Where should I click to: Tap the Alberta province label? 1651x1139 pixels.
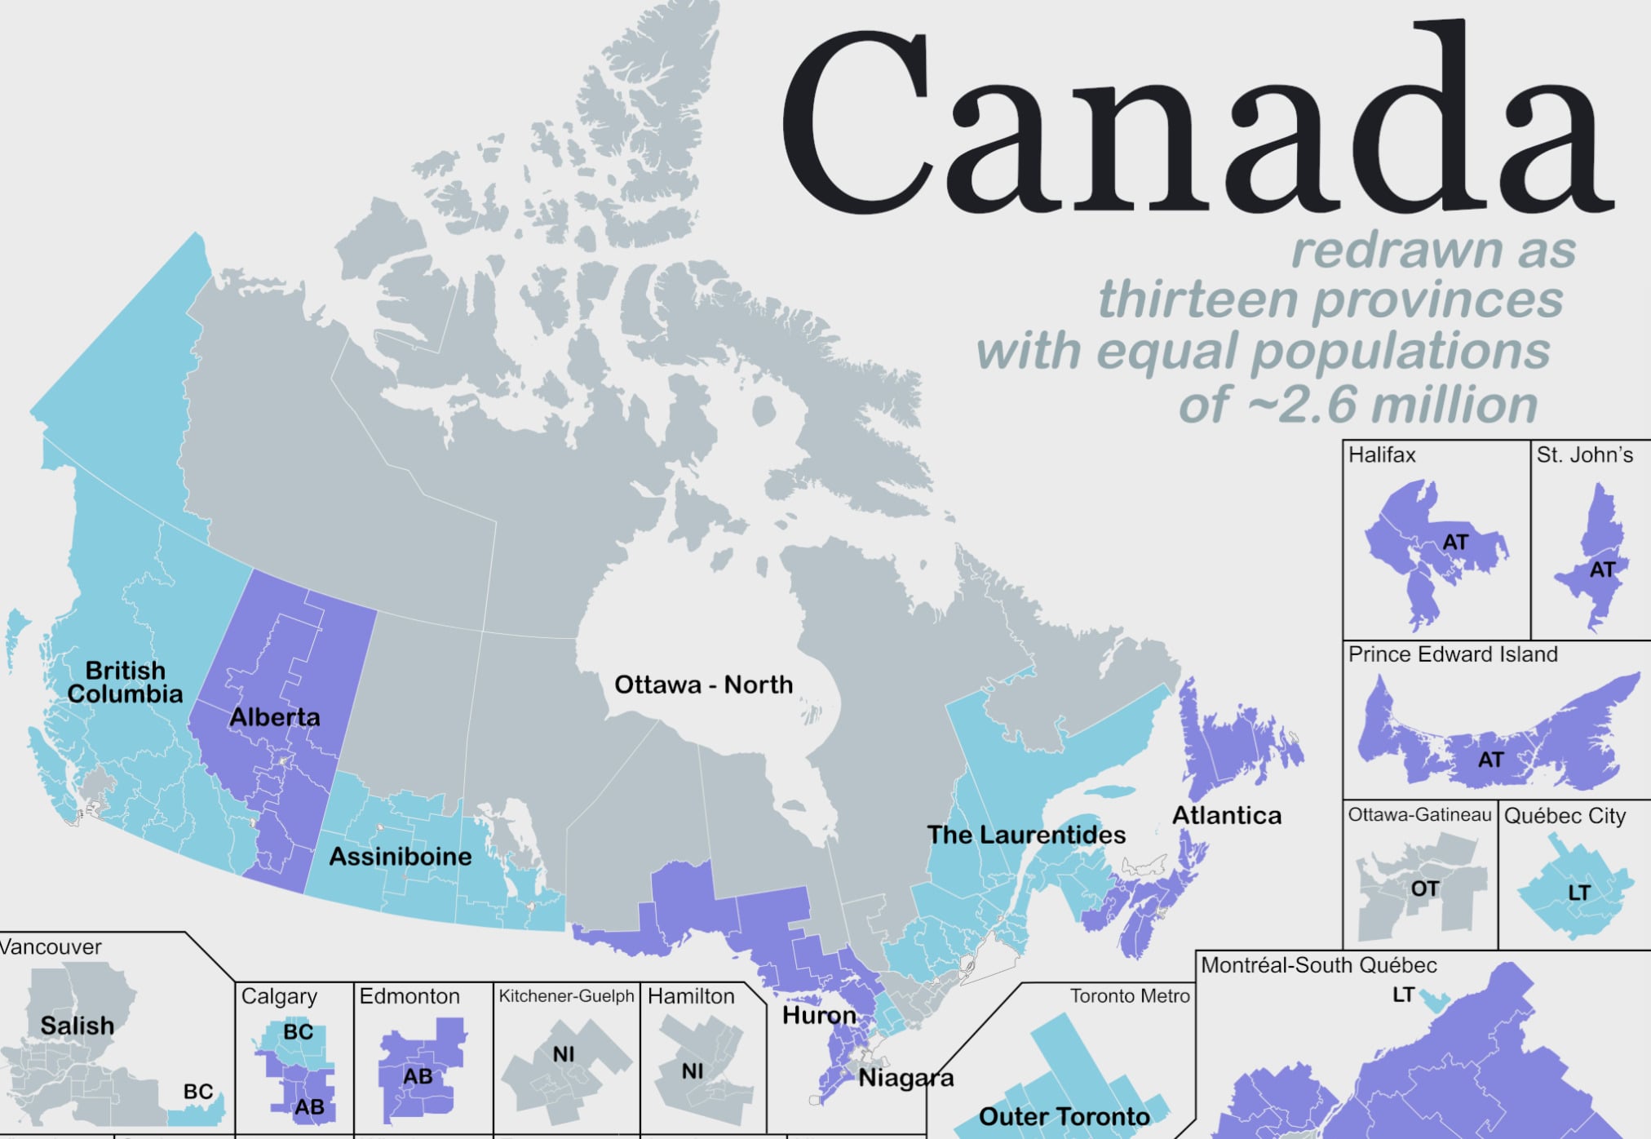[275, 717]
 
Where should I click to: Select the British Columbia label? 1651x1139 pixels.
[125, 682]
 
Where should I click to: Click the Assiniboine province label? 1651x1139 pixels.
[400, 856]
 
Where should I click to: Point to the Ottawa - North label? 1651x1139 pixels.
[703, 685]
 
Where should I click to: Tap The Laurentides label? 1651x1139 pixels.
[1025, 835]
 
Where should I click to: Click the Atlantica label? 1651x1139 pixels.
[1226, 815]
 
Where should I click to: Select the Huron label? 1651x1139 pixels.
[819, 1015]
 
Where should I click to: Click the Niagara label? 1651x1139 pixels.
[905, 1078]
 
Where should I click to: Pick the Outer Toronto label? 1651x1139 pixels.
[1064, 1116]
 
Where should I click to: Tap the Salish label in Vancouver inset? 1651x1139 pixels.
[77, 1026]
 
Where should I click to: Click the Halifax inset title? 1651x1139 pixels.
[1382, 454]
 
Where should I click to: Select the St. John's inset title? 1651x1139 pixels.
[1584, 454]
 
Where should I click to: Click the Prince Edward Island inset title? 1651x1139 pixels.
[1453, 654]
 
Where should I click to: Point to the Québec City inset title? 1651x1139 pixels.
[1565, 816]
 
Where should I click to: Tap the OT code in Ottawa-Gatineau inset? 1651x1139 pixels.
[1424, 889]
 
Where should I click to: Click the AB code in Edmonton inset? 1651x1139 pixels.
[417, 1077]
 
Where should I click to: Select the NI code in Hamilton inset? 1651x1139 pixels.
[692, 1070]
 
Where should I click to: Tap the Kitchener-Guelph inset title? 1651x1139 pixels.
[566, 996]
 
